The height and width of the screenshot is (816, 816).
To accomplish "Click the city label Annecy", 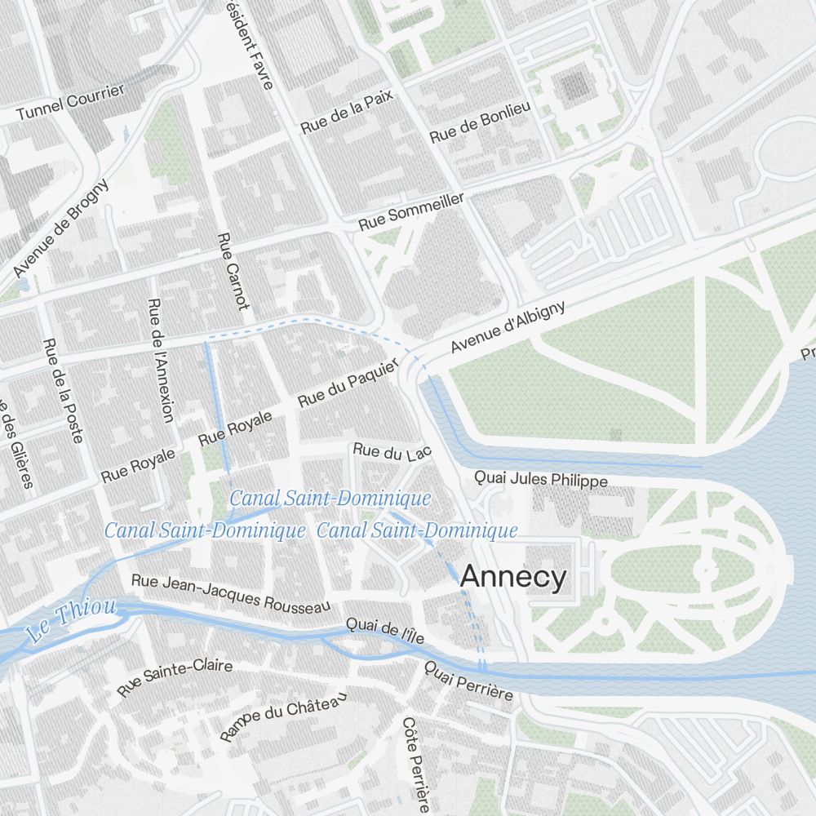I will click(512, 577).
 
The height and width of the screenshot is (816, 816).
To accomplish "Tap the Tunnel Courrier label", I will click(70, 102).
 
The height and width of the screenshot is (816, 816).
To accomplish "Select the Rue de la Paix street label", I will click(347, 113).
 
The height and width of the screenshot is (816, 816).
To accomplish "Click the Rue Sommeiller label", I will click(411, 212).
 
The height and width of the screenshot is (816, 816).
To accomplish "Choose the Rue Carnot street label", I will click(233, 271).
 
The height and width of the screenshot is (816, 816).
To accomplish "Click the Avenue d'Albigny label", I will click(508, 327).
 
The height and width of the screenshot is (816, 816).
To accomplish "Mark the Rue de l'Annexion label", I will click(160, 360).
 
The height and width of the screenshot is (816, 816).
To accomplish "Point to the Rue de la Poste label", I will click(63, 390).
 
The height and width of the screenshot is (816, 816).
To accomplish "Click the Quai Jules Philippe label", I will click(540, 479).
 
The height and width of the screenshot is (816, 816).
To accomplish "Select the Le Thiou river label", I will click(71, 620).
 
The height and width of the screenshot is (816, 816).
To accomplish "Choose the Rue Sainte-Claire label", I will click(175, 677).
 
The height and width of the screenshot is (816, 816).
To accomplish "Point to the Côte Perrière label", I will click(415, 765).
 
